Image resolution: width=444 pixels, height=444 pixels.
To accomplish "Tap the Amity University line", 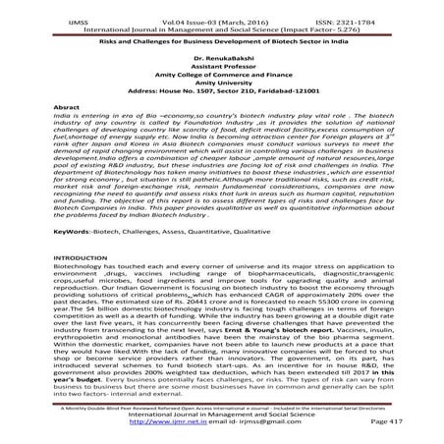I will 222,93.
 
